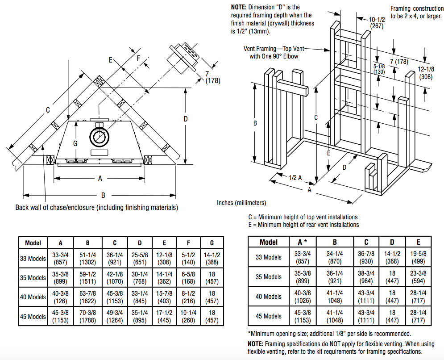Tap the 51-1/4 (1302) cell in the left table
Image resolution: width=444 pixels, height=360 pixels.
[x=88, y=258]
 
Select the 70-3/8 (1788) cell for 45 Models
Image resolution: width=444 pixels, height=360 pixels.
[x=88, y=316]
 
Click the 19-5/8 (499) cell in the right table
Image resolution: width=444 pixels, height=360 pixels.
[x=418, y=257]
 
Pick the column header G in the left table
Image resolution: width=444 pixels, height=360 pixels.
[x=212, y=243]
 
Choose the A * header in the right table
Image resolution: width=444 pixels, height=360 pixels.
[x=303, y=242]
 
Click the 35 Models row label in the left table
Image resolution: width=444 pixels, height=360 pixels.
[x=33, y=278]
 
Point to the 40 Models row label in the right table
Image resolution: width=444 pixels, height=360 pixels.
[x=269, y=297]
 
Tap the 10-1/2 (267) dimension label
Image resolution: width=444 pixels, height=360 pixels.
[x=377, y=23]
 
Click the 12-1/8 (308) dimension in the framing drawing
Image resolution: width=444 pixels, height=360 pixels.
[x=426, y=73]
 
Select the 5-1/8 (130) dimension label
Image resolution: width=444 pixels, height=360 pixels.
[x=379, y=69]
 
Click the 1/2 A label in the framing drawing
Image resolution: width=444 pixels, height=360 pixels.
[x=295, y=178]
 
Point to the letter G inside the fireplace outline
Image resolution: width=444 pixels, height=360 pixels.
[x=75, y=144]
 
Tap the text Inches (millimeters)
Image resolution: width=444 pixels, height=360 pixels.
[x=241, y=203]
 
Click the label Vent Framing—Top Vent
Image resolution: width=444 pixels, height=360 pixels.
[x=274, y=49]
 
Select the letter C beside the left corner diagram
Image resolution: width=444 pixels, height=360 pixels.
[x=48, y=110]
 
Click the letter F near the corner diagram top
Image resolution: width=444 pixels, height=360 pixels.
[x=138, y=58]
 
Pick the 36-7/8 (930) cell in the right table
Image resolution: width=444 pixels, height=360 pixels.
[x=366, y=257]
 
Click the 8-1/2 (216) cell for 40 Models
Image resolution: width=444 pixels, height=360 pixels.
[x=188, y=297]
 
